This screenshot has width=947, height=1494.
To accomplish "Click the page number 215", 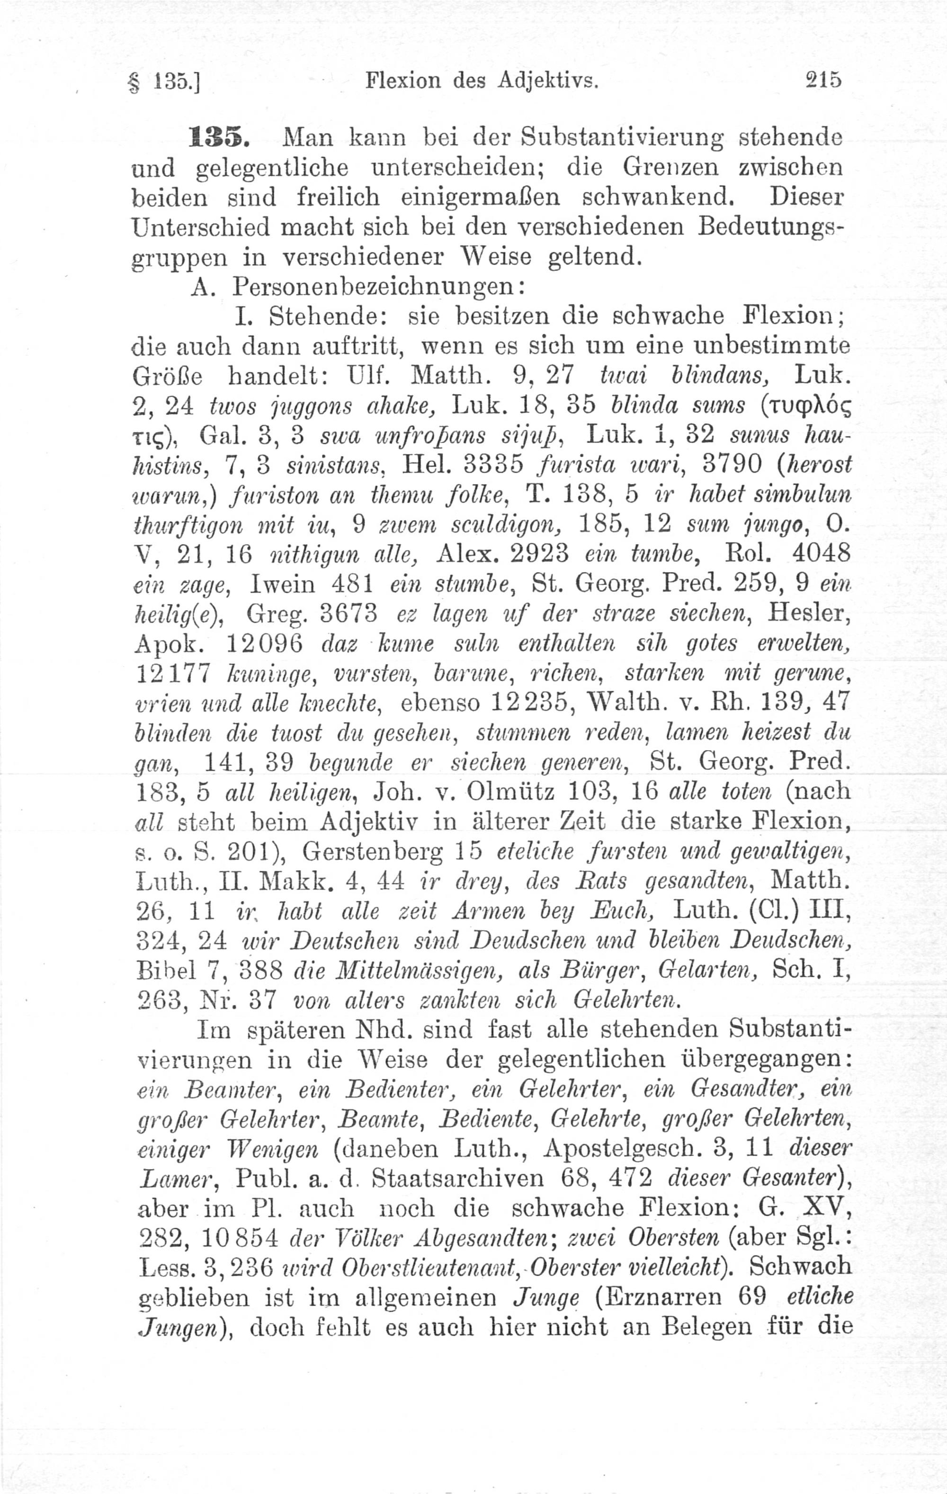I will coord(822,80).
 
